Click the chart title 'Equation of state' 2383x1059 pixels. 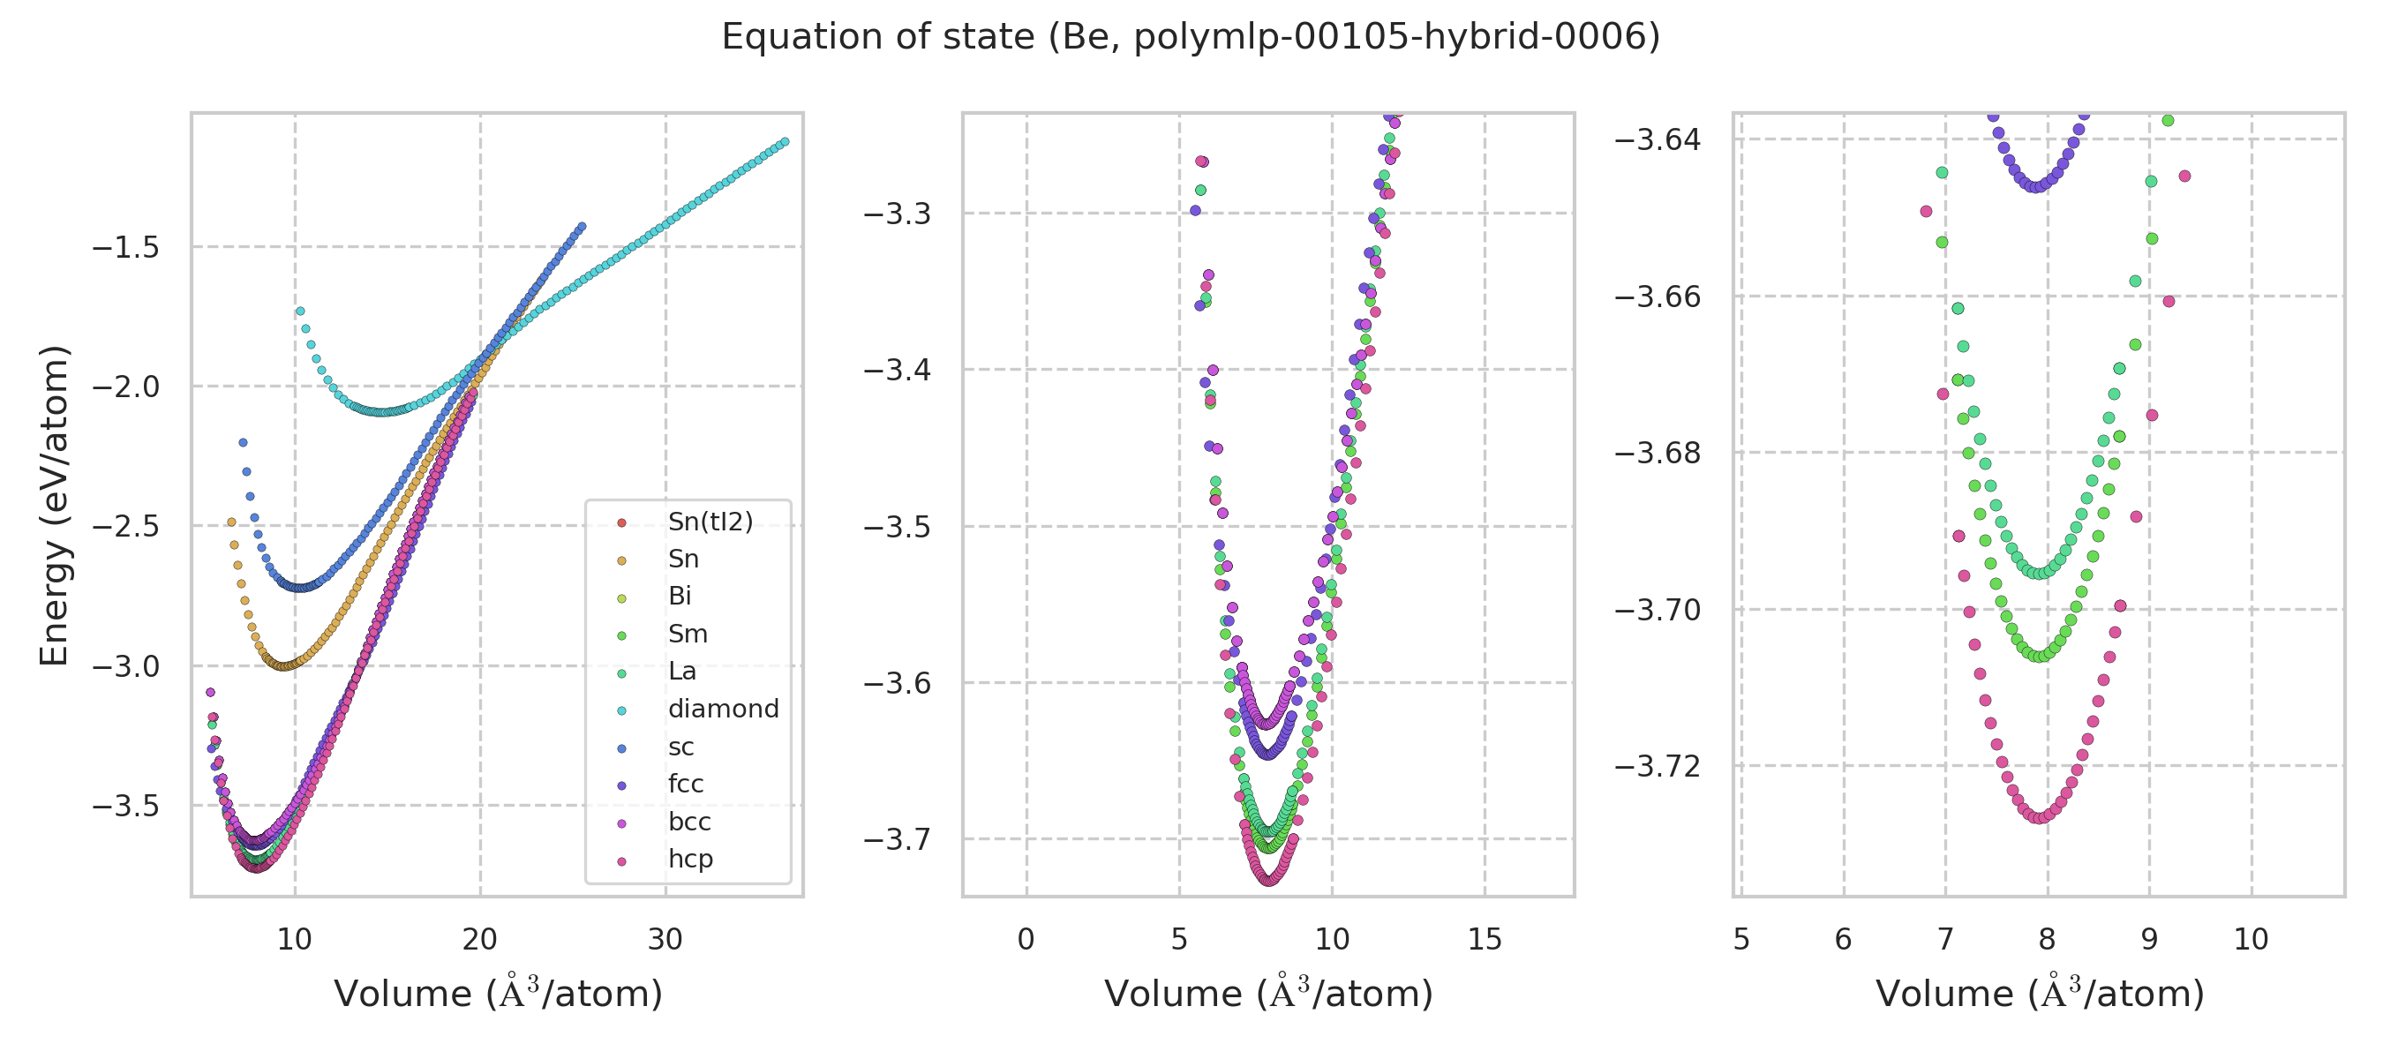pyautogui.click(x=1191, y=37)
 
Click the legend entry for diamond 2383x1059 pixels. pyautogui.click(x=723, y=710)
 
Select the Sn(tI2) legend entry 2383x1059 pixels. pyautogui.click(x=710, y=522)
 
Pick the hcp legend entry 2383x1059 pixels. pyautogui.click(x=690, y=860)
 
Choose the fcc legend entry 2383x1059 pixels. pyautogui.click(x=686, y=785)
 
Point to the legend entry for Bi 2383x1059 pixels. pyautogui.click(x=679, y=597)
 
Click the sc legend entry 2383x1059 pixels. pyautogui.click(x=680, y=747)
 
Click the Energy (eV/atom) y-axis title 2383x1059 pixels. pyautogui.click(x=54, y=505)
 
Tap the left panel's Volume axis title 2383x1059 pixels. pyautogui.click(x=498, y=995)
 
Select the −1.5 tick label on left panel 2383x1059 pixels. pyautogui.click(x=124, y=248)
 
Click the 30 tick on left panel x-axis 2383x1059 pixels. pyautogui.click(x=665, y=940)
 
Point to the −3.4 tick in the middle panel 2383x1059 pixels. pyautogui.click(x=897, y=370)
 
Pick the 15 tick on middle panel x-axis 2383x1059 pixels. pyautogui.click(x=1485, y=940)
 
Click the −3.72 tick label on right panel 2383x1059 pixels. pyautogui.click(x=1657, y=767)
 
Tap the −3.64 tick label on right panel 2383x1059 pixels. pyautogui.click(x=1657, y=139)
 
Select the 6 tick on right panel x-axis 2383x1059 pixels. pyautogui.click(x=1843, y=940)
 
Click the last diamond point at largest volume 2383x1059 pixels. pyautogui.click(x=785, y=142)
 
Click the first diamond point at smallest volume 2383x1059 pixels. pyautogui.click(x=300, y=312)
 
